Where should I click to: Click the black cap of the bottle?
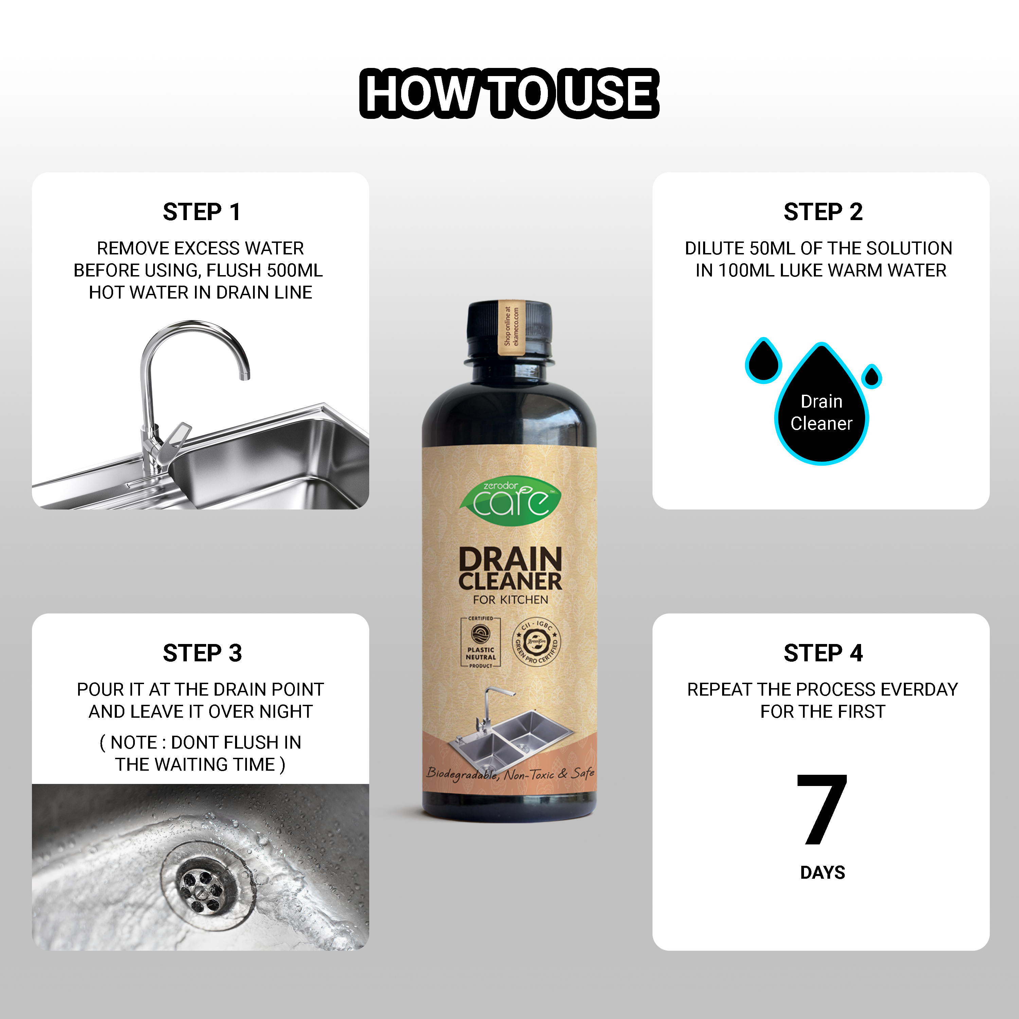509,331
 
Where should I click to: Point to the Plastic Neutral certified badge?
481,642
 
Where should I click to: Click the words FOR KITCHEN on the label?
510,600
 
